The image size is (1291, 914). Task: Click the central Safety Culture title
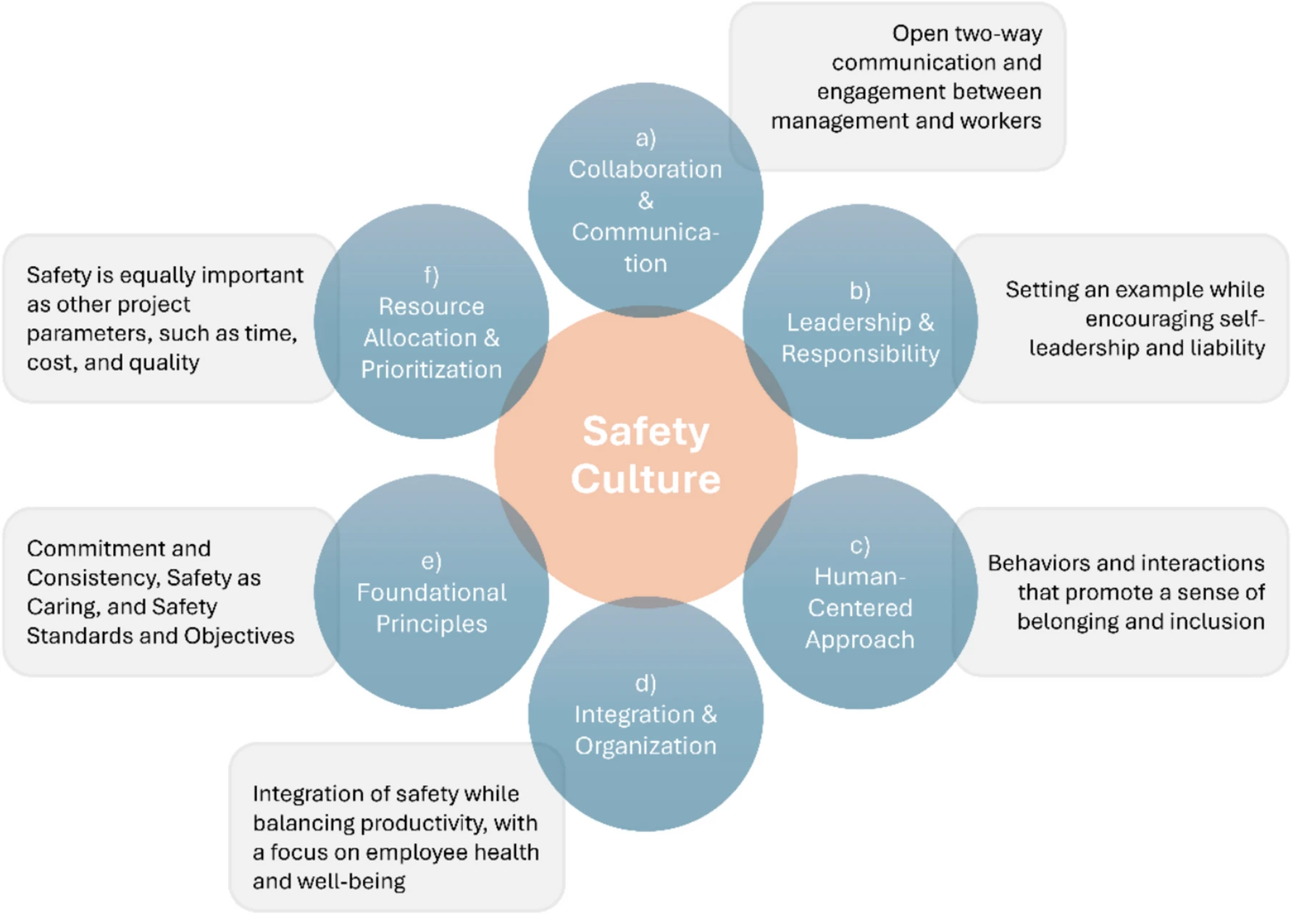pos(645,455)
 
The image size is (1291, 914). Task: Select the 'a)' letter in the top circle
pos(645,138)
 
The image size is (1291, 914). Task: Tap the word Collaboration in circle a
pos(645,169)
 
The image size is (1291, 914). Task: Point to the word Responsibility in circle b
pos(860,354)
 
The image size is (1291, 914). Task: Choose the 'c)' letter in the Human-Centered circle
pos(860,545)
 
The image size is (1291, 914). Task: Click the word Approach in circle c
pos(860,640)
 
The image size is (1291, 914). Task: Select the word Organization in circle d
pos(645,746)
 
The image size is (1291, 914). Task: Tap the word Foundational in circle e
pos(432,592)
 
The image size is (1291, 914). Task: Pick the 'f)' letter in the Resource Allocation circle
pos(432,275)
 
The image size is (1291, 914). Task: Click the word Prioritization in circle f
pos(432,369)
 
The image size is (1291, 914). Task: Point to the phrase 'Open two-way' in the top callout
pos(967,33)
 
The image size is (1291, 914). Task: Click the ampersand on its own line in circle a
pos(645,201)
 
